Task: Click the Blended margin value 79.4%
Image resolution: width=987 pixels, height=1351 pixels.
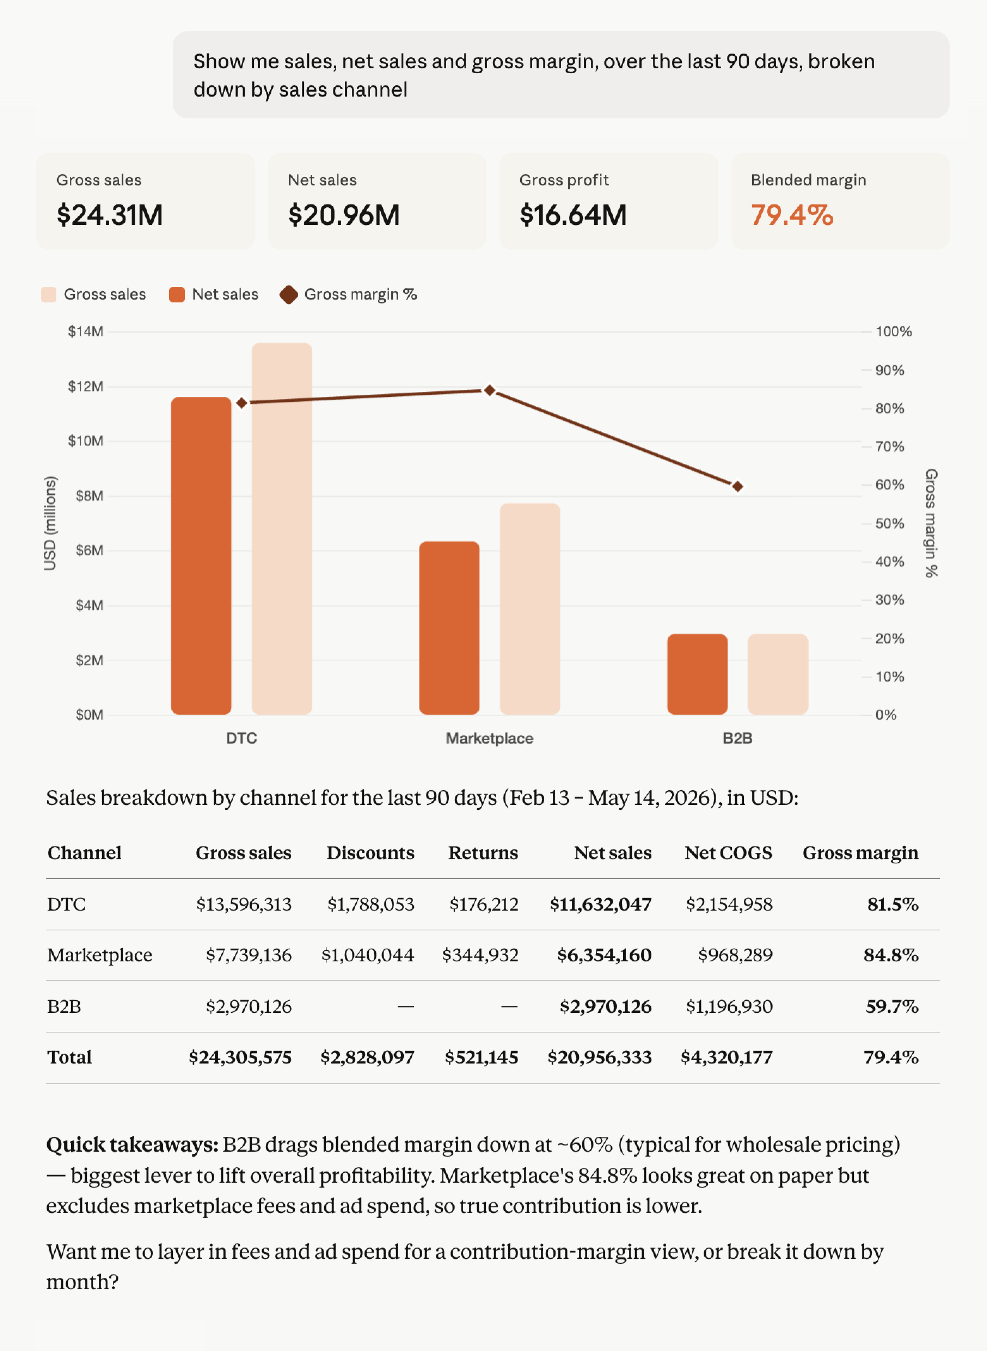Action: point(792,215)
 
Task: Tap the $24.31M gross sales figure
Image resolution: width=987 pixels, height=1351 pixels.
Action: point(109,215)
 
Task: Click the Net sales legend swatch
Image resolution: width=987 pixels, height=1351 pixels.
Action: point(177,295)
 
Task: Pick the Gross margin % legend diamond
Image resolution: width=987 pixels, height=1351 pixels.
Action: point(289,295)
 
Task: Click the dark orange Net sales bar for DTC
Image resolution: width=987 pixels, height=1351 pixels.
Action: point(201,555)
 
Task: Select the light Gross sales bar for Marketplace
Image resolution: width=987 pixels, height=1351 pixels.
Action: point(530,609)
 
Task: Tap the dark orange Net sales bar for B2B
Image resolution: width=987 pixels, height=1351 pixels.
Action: point(697,674)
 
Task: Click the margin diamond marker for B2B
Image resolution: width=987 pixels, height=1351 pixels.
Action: point(738,486)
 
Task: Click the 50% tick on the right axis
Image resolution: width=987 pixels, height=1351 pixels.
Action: point(890,523)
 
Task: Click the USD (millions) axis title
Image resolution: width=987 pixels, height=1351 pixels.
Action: point(50,523)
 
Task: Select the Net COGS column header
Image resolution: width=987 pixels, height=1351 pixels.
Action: point(728,852)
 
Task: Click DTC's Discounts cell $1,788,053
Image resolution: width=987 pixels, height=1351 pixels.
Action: point(370,904)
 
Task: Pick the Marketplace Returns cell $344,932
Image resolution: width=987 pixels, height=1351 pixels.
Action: point(480,955)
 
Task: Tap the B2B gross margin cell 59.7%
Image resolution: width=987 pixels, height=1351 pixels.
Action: point(892,1006)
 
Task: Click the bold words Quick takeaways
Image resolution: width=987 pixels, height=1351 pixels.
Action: point(133,1145)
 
